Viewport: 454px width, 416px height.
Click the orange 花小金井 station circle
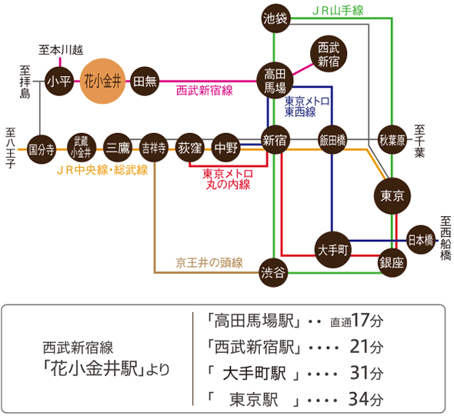coord(102,81)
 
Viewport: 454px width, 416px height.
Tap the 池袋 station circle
coord(275,18)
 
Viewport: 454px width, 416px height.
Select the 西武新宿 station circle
coord(329,54)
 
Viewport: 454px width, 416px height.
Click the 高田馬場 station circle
coord(275,81)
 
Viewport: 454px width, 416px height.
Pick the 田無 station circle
coord(145,82)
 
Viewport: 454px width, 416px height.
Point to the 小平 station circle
coord(59,82)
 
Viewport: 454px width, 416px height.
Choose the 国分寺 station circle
coord(42,150)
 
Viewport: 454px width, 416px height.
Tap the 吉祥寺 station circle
coord(154,148)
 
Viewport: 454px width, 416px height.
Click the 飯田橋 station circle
coord(332,140)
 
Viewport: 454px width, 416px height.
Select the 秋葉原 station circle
coord(392,140)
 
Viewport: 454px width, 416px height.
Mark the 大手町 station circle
coord(332,250)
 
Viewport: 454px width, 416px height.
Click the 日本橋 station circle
coord(421,240)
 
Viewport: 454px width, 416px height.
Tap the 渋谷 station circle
coord(273,272)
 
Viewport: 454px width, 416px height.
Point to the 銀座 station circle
coord(392,263)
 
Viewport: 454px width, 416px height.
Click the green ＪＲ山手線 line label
coord(338,11)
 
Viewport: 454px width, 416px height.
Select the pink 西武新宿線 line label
coord(205,91)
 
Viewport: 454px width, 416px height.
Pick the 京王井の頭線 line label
coord(209,263)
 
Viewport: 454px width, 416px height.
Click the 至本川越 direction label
coord(61,50)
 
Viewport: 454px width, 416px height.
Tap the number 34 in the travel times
coord(358,399)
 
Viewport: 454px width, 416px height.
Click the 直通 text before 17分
coord(341,322)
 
